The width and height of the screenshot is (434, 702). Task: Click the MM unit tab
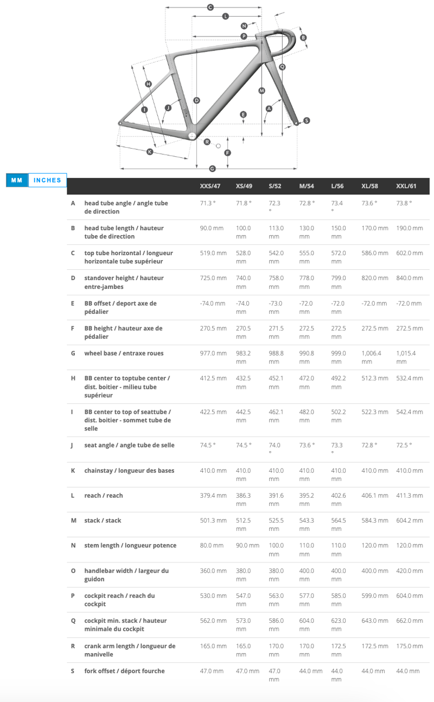tap(16, 180)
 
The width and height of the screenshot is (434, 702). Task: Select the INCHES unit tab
tap(47, 180)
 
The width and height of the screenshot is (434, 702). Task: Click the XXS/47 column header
tap(210, 186)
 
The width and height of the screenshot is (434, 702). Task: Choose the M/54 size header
tap(307, 186)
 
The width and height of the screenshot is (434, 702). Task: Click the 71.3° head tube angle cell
tap(208, 203)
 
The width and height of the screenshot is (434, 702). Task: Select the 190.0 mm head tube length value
tap(410, 228)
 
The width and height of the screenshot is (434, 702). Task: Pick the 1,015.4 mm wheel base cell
tap(406, 357)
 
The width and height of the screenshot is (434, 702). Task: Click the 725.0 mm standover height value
tap(213, 278)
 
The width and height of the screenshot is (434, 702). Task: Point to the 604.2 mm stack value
tap(410, 521)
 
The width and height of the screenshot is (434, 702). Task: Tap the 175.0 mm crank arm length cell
tap(410, 646)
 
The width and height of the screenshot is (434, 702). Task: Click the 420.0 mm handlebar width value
tap(410, 571)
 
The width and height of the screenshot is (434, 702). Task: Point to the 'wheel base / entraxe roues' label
tap(124, 353)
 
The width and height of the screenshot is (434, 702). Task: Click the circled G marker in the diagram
tap(212, 169)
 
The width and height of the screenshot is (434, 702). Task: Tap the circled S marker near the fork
tap(307, 121)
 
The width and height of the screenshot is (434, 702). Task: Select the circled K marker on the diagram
tap(150, 152)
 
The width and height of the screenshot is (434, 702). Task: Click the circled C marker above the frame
tap(210, 7)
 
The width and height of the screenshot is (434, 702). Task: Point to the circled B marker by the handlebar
tap(303, 37)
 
